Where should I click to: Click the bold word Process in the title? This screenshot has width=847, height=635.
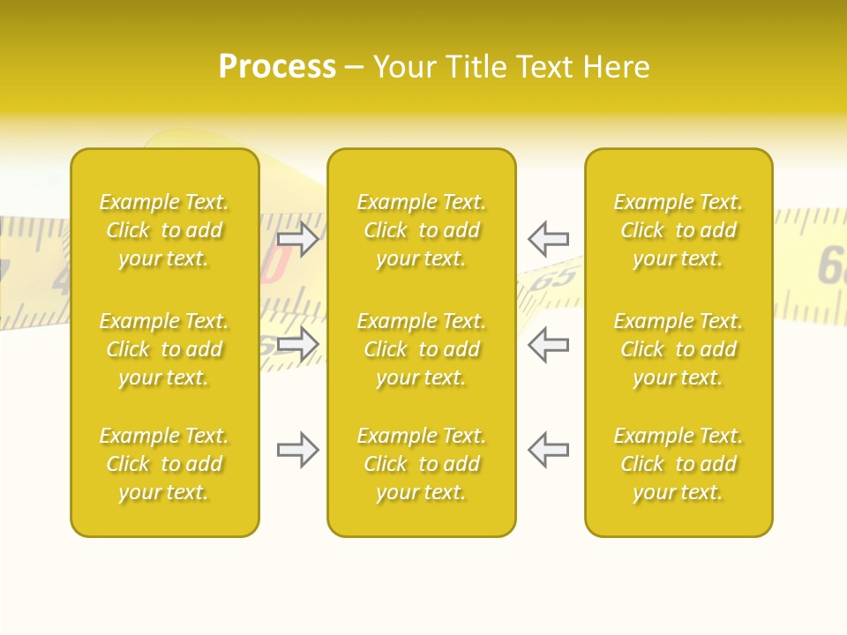(x=277, y=67)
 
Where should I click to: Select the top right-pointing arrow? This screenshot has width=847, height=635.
(x=297, y=239)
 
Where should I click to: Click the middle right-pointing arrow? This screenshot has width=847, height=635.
(x=297, y=345)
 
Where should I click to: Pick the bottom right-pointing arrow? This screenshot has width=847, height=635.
(x=297, y=451)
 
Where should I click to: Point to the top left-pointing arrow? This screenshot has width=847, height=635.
(x=548, y=239)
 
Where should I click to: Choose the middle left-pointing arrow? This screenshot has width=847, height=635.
(x=548, y=345)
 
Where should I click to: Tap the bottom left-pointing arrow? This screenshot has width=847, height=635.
(x=548, y=451)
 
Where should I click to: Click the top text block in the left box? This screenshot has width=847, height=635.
(x=164, y=230)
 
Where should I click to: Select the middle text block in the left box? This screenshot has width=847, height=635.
(x=164, y=349)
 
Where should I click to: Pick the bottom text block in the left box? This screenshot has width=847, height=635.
(x=164, y=464)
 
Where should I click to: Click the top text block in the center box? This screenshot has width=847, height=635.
(x=421, y=230)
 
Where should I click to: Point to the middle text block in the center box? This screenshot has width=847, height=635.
(x=421, y=349)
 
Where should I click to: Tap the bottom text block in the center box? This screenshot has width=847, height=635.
(x=421, y=464)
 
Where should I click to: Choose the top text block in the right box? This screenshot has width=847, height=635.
(x=678, y=230)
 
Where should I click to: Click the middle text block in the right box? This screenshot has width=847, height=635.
(x=678, y=349)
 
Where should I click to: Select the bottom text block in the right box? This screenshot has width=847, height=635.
(x=678, y=464)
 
